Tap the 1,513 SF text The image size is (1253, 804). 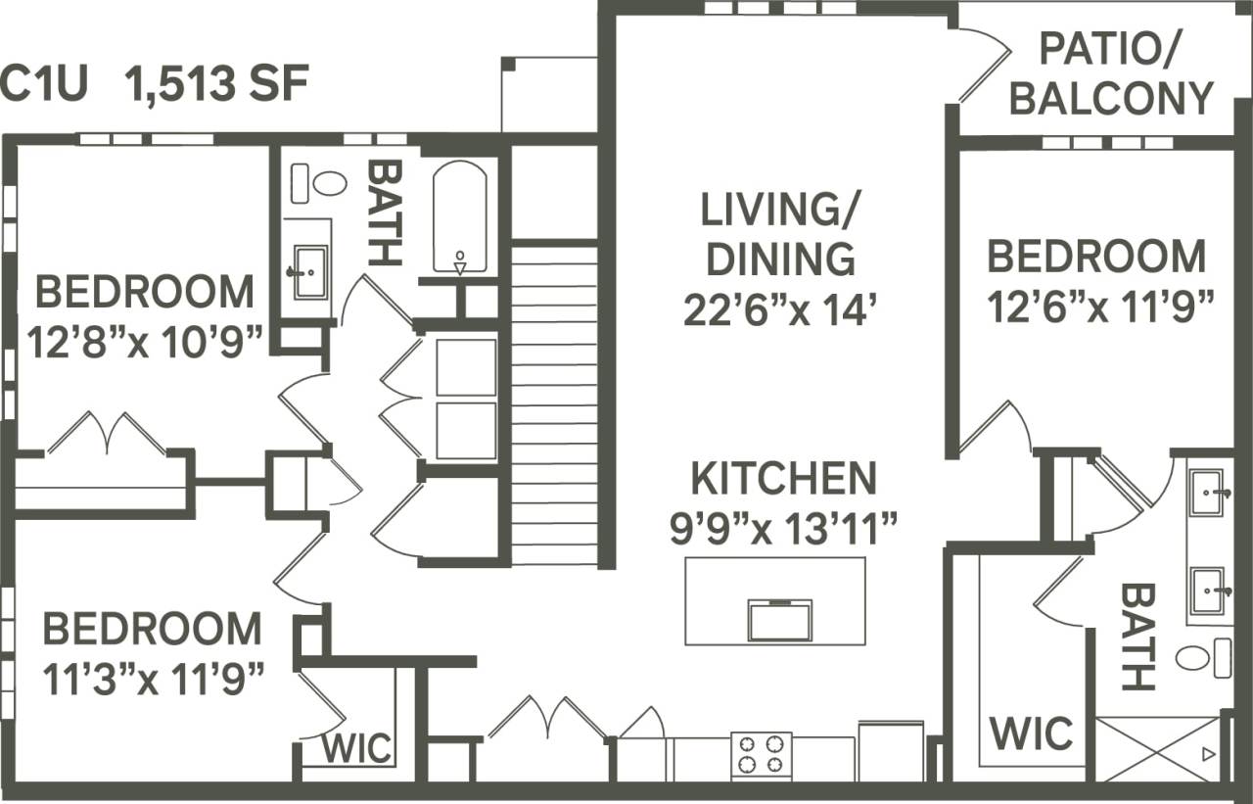pos(215,85)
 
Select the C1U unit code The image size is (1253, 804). pos(44,85)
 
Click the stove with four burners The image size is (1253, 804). pos(762,754)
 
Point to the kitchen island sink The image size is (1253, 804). pos(779,620)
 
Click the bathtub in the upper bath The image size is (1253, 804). pos(460,217)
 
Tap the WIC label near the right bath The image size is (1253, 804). pos(1030,733)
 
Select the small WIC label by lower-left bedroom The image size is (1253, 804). pos(357,749)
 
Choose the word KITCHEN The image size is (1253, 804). pos(783,478)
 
